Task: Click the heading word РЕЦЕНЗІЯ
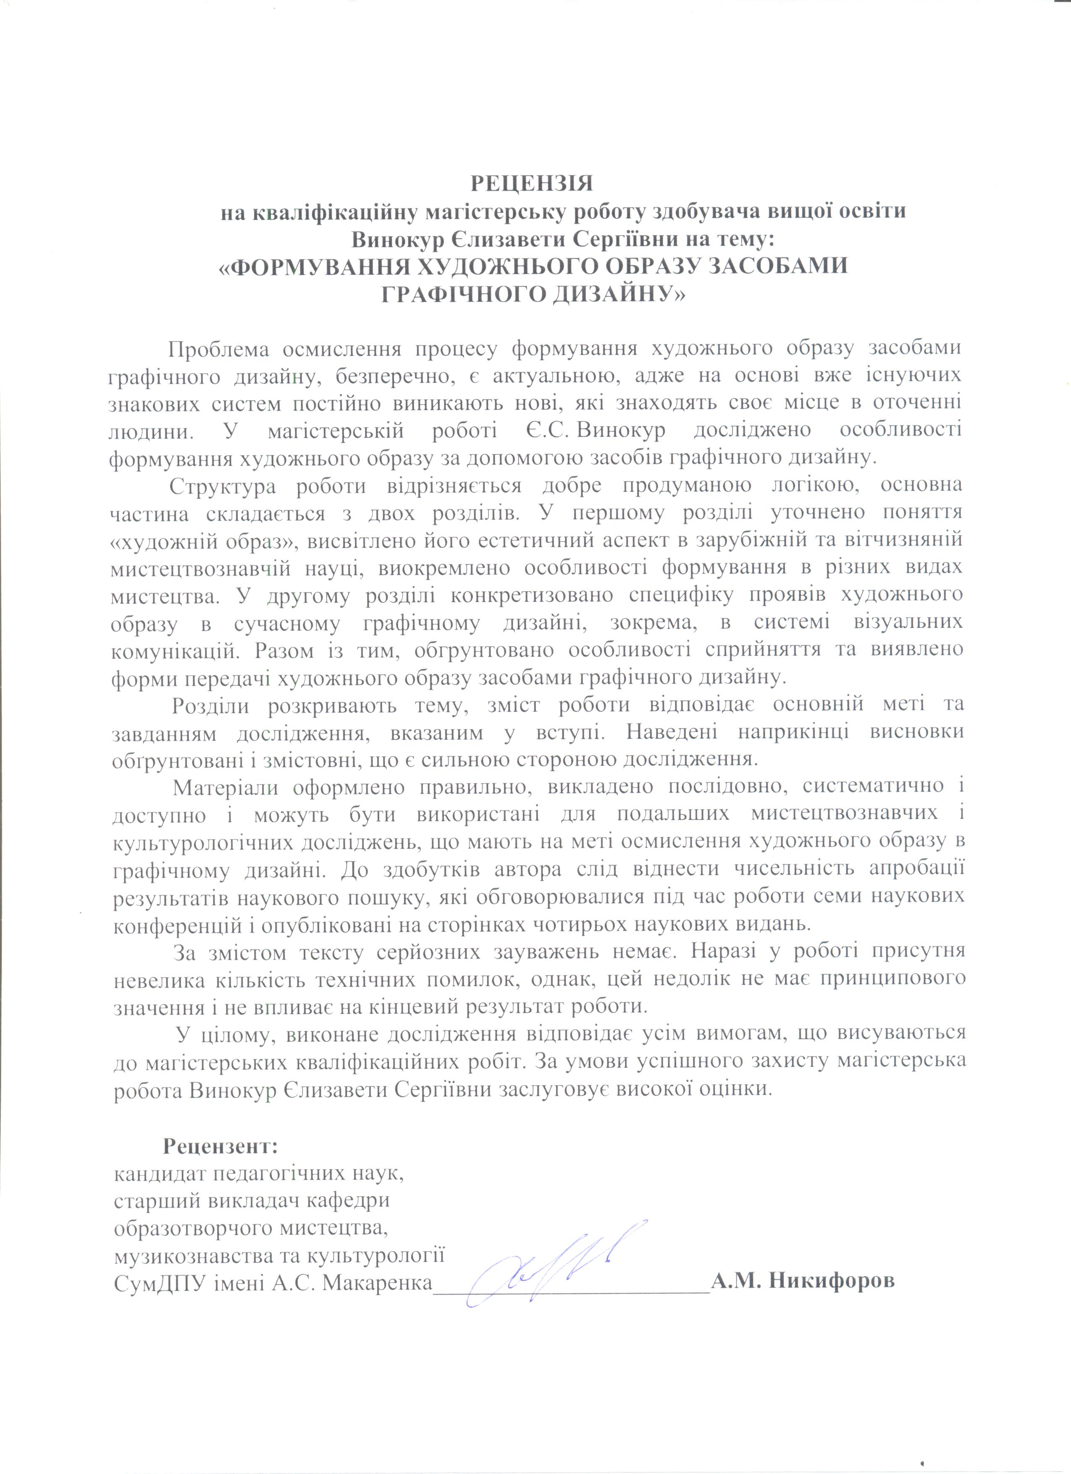click(x=532, y=183)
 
